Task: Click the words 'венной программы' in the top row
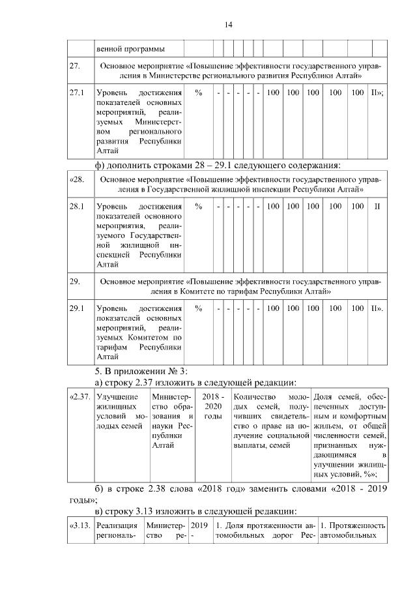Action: (130, 49)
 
